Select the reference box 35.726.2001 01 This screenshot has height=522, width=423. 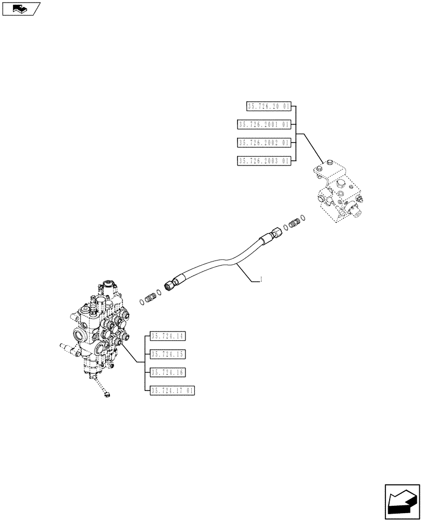click(264, 125)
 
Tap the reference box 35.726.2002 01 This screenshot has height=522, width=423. click(264, 143)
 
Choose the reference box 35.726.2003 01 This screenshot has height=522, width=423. click(264, 161)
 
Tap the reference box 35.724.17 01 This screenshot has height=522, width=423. click(172, 390)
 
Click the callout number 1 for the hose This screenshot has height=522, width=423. click(261, 281)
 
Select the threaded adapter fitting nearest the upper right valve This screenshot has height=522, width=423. click(294, 223)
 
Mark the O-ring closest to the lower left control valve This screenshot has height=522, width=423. click(143, 302)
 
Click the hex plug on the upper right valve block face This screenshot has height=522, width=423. click(341, 184)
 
